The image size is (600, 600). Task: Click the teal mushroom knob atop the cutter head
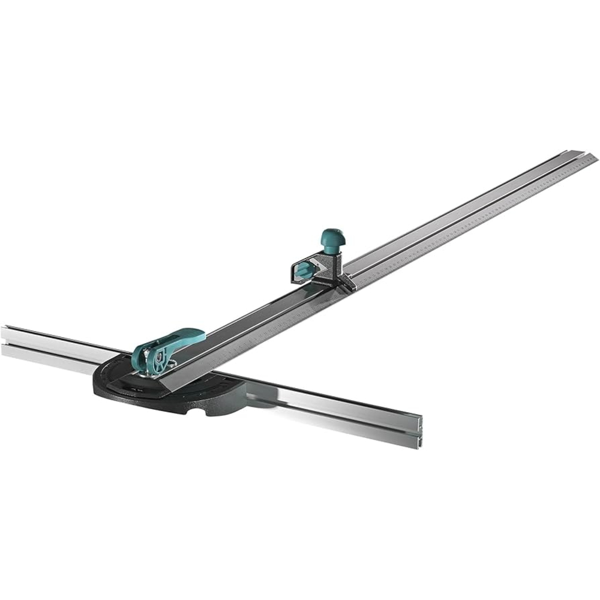[332, 235]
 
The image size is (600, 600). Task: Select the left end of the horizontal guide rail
[5, 342]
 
